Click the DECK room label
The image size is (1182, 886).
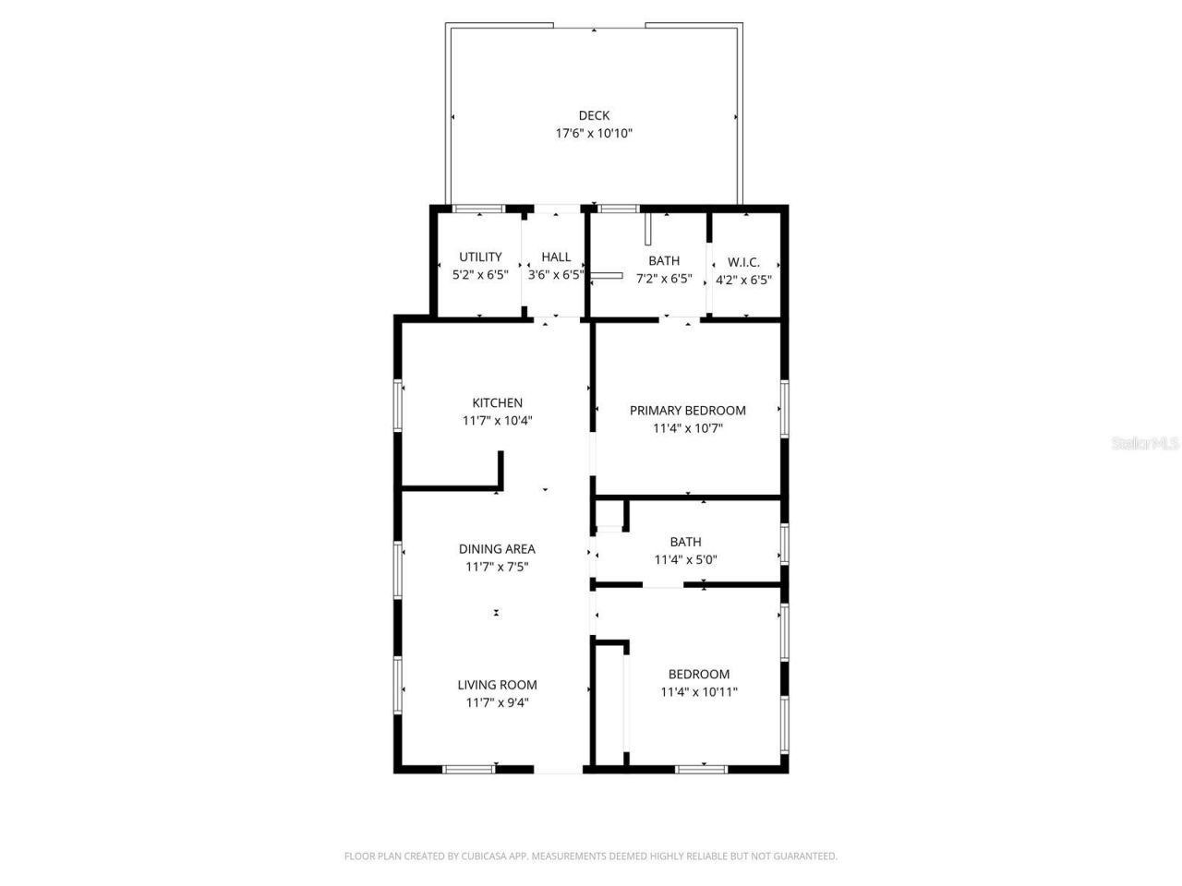(x=594, y=115)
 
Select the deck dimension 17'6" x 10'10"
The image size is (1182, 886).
(x=594, y=134)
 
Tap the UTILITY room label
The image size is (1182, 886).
(x=480, y=257)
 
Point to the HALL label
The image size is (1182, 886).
(x=556, y=257)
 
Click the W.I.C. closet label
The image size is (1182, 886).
(x=743, y=262)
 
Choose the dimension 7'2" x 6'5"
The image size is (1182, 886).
(x=663, y=279)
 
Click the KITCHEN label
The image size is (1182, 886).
(x=497, y=403)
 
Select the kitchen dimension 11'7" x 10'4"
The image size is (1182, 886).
(x=497, y=421)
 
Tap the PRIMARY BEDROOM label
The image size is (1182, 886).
(x=687, y=411)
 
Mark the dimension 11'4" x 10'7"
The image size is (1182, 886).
(x=687, y=428)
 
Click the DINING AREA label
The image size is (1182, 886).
(x=497, y=549)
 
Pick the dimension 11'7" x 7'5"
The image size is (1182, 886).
(x=497, y=568)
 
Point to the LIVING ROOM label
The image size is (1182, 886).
(x=497, y=685)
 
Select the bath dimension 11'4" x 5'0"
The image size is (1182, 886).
(x=685, y=559)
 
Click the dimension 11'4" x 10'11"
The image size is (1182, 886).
(x=698, y=692)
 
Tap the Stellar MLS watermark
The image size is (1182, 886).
(x=1145, y=444)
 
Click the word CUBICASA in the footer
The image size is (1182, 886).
(x=477, y=856)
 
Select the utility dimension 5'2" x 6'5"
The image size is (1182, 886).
(x=480, y=275)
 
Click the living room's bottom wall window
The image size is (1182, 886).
(x=468, y=769)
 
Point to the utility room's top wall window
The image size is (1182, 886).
(x=478, y=209)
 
